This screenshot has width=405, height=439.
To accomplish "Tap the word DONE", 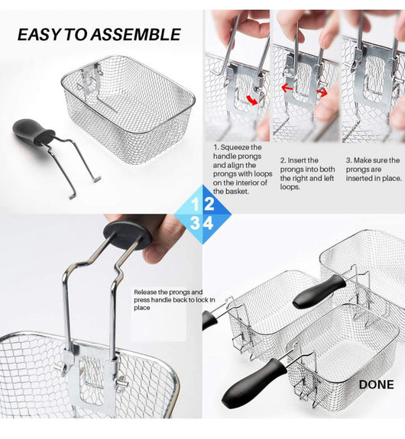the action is (377, 385).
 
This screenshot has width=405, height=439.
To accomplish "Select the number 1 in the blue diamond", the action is (195, 204).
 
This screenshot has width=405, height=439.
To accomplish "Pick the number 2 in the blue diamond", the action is (209, 204).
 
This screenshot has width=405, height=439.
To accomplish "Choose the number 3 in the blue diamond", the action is (195, 223).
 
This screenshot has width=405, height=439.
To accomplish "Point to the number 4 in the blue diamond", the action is (209, 223).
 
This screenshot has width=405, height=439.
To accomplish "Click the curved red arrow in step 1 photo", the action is (251, 100).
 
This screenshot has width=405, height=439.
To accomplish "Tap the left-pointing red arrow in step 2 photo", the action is (287, 89).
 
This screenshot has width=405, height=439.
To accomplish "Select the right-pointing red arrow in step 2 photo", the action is (322, 92).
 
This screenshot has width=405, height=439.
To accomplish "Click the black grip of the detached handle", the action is (31, 132).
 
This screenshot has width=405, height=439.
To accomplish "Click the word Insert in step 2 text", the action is (298, 160).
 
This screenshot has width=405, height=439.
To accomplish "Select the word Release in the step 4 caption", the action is (145, 292).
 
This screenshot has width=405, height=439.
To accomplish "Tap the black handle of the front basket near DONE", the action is (254, 379).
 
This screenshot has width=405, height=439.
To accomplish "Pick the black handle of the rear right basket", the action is (319, 292).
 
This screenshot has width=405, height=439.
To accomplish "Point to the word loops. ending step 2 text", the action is (290, 187).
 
